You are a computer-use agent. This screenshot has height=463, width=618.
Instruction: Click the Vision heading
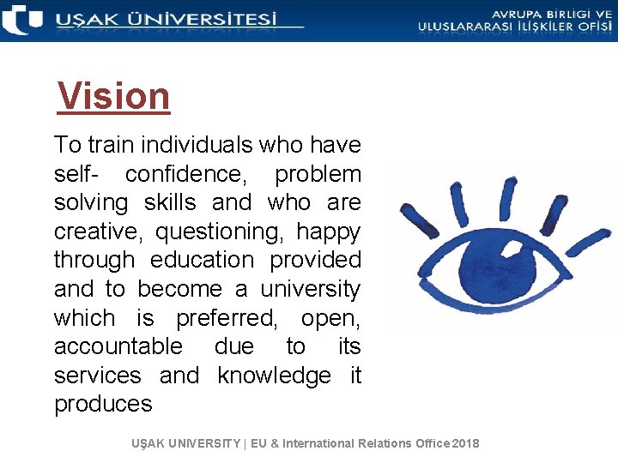click(x=114, y=96)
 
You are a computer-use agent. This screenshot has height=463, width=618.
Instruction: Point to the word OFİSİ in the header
click(x=591, y=27)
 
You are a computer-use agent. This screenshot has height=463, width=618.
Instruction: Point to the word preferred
click(x=227, y=318)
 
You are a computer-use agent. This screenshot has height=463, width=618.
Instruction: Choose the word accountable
click(x=118, y=346)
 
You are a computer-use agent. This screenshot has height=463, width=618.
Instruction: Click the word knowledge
click(x=274, y=376)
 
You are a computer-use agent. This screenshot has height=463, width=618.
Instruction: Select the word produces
click(x=103, y=404)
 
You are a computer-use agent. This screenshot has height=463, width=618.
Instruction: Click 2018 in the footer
click(x=464, y=443)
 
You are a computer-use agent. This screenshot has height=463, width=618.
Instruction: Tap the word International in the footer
click(x=323, y=443)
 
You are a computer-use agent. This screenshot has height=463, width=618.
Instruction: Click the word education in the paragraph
click(x=202, y=260)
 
